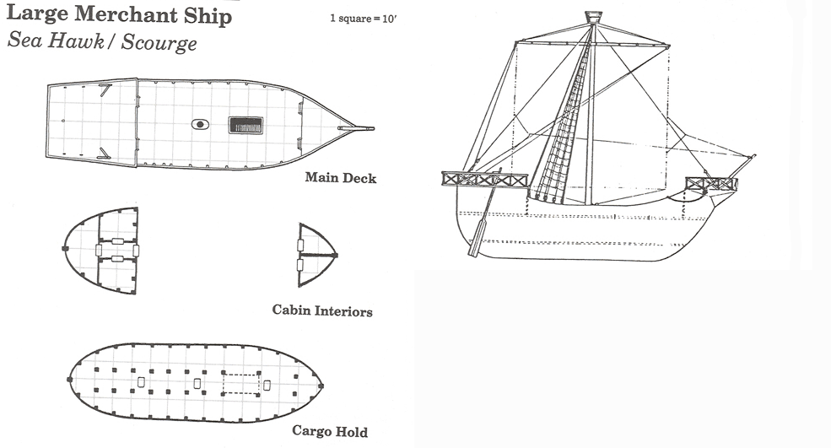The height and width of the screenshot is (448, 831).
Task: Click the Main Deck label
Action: [341, 178]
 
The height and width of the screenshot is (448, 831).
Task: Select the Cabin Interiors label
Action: [322, 310]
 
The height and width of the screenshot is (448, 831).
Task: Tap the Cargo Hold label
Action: [330, 431]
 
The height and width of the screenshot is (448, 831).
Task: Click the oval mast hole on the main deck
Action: [200, 124]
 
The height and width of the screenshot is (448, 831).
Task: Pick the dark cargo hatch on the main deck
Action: [246, 125]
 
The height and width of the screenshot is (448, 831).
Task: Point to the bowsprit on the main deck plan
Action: [359, 128]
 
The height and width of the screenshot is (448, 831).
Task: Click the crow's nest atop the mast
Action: [594, 17]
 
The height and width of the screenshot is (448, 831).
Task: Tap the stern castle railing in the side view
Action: [484, 179]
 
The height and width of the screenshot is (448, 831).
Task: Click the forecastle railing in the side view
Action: [710, 183]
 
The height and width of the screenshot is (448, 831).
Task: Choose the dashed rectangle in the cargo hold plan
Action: [241, 383]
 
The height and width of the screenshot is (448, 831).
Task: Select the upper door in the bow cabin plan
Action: [301, 245]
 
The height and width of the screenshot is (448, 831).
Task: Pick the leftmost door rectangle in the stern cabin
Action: [99, 251]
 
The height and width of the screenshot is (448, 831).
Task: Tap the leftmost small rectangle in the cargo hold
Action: [140, 383]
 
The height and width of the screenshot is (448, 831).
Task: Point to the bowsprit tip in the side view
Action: [753, 156]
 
